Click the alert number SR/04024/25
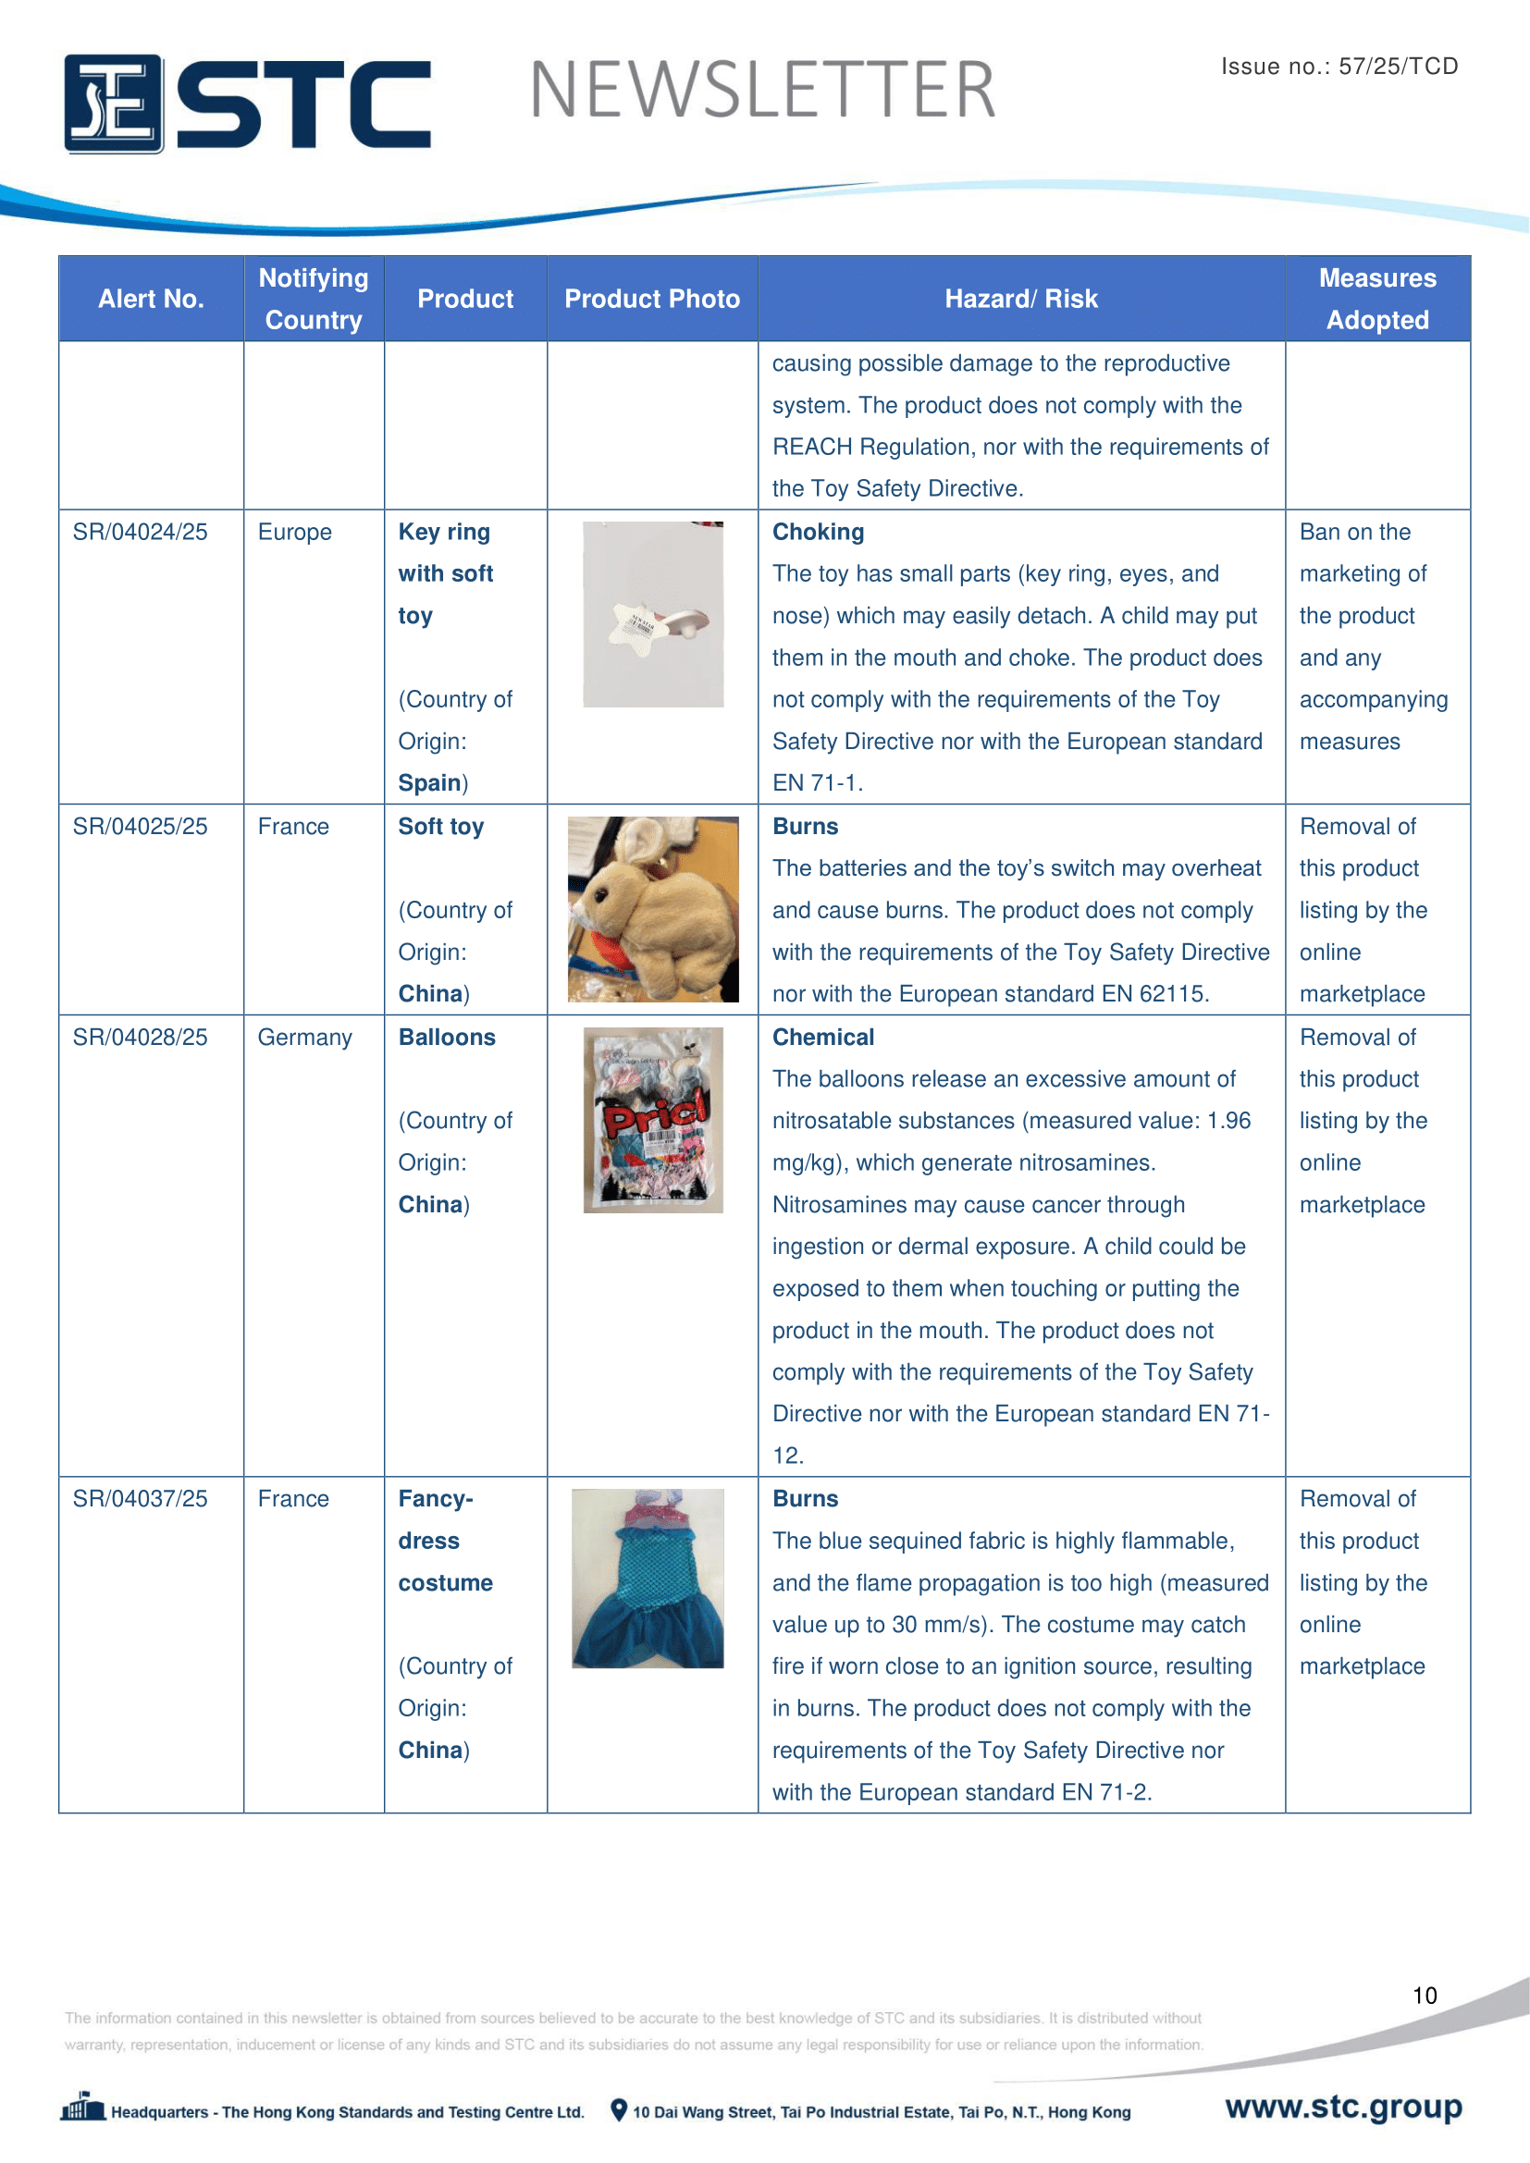(140, 533)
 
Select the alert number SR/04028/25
(140, 1038)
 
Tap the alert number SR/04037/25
(140, 1499)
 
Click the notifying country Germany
(304, 1038)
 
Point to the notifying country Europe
(295, 533)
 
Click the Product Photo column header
(652, 299)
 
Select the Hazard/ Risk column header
(1021, 299)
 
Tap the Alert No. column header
(151, 299)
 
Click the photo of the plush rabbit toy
(653, 909)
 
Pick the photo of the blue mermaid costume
(648, 1578)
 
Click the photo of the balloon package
(653, 1119)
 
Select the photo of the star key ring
(653, 614)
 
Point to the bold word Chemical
(822, 1038)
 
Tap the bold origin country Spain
(429, 783)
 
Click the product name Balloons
(447, 1038)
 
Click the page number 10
(1425, 1996)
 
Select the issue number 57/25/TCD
(1398, 66)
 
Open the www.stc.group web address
(1343, 2107)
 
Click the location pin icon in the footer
(619, 2110)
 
